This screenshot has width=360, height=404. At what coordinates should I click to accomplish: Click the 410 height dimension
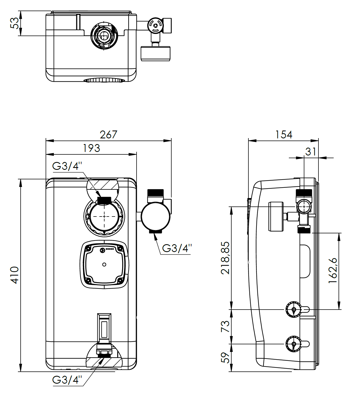pos(15,275)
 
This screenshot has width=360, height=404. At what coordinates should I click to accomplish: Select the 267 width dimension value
pos(108,135)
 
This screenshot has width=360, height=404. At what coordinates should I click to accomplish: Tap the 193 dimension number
pos(91,148)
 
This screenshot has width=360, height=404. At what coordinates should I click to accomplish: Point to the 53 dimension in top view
pos(15,23)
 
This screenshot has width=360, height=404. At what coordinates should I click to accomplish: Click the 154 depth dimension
pos(284,135)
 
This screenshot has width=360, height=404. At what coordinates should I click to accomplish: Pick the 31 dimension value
pos(311,152)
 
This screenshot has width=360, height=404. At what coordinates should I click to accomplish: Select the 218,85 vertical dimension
pos(225,258)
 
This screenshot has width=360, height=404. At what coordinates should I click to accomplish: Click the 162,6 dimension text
pos(333,271)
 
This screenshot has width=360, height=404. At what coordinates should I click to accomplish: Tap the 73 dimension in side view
pos(225,326)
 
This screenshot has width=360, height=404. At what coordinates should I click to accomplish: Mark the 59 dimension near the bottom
pos(225,358)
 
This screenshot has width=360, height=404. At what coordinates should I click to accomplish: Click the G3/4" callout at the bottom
pos(67,380)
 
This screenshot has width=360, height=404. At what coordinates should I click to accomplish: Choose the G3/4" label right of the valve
pos(177,248)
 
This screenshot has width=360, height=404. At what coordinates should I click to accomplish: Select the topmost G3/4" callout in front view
pos(67,166)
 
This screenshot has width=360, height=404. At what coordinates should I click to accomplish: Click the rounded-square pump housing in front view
pos(104,264)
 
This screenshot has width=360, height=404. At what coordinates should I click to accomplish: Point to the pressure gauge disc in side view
pos(276,216)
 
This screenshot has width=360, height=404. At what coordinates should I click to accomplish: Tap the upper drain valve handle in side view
pos(294,309)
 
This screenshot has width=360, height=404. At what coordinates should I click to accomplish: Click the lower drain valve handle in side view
pos(294,344)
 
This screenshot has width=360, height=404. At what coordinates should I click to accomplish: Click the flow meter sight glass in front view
pos(104,328)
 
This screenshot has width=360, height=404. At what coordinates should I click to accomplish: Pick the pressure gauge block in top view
pos(156,53)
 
